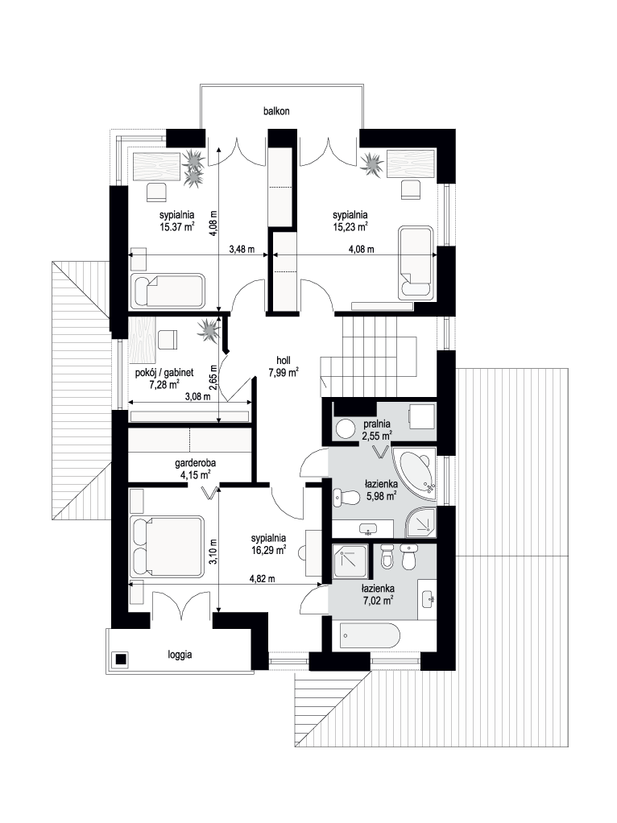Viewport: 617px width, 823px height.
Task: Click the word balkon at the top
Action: click(x=276, y=111)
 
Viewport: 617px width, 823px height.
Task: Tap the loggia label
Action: click(x=180, y=655)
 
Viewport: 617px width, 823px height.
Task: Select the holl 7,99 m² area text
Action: click(x=284, y=367)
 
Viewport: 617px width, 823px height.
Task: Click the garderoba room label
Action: click(x=196, y=464)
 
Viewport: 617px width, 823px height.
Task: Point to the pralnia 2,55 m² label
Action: click(x=377, y=429)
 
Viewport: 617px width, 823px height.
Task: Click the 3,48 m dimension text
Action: click(x=242, y=250)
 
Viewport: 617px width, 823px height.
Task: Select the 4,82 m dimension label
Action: click(x=262, y=579)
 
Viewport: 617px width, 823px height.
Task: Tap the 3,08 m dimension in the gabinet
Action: click(x=197, y=397)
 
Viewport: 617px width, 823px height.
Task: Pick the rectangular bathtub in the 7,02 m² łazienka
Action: click(x=370, y=636)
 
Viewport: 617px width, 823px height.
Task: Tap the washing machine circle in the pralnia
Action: click(x=345, y=428)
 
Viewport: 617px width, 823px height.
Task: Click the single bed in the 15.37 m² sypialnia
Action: click(x=168, y=290)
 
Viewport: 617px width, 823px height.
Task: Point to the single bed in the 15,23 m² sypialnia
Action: click(x=416, y=263)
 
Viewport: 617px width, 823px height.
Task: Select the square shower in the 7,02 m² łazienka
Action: click(x=350, y=562)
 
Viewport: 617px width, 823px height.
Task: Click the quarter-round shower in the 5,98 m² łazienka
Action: click(x=420, y=523)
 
